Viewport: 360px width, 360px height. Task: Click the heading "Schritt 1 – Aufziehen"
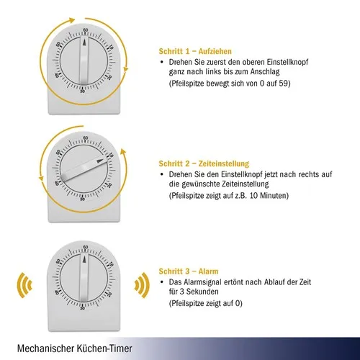tap(195, 51)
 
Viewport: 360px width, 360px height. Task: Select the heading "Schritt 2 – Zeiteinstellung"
tap(204, 163)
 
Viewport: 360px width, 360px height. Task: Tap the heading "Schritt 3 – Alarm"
tap(189, 271)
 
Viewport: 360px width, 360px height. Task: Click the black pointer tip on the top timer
tap(84, 42)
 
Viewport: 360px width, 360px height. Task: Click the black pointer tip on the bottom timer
tap(84, 259)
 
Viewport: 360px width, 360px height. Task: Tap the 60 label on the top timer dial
tap(86, 30)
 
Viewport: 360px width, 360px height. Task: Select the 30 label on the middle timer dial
tap(82, 199)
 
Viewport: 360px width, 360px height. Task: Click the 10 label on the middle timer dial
tap(111, 155)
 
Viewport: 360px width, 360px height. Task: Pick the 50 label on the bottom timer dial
tap(58, 261)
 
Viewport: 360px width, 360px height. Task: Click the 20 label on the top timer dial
tap(109, 78)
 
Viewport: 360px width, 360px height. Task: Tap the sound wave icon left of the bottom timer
tap(24, 285)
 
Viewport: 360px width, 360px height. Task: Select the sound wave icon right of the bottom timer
tap(142, 285)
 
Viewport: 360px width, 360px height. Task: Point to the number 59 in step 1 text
tap(284, 84)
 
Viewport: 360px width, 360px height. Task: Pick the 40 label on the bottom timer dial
tap(57, 292)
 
